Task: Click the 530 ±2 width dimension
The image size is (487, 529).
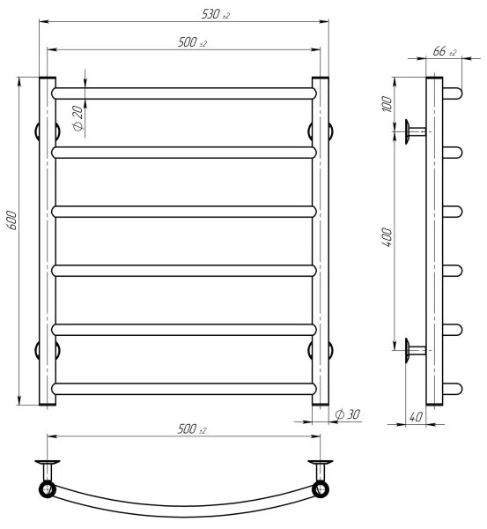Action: [216, 14]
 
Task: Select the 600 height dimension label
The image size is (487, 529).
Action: [12, 220]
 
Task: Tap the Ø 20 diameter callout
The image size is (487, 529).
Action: [77, 118]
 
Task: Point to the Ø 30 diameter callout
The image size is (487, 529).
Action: [348, 414]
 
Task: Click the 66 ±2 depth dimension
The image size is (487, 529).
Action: [445, 51]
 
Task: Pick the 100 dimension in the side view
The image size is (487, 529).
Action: [387, 104]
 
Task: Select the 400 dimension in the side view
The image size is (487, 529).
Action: [387, 237]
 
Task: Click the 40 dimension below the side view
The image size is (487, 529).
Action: [416, 417]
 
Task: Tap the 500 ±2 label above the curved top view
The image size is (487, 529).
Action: [192, 429]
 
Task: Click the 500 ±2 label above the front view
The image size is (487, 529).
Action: [192, 42]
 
